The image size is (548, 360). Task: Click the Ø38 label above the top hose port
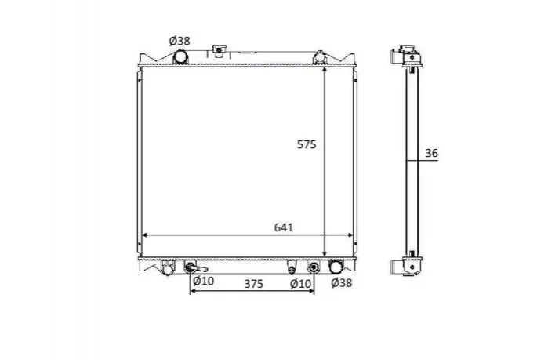click(180, 41)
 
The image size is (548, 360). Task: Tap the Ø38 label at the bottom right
click(342, 282)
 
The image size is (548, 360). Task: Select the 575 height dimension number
click(307, 144)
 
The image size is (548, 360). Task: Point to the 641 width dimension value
click(284, 227)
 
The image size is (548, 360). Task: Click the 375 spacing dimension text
click(253, 284)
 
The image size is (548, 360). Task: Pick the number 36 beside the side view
click(432, 153)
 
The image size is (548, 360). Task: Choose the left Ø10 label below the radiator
click(203, 280)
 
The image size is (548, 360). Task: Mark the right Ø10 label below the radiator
click(300, 284)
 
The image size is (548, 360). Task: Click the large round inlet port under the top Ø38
click(180, 56)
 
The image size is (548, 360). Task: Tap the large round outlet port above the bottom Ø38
click(336, 267)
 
